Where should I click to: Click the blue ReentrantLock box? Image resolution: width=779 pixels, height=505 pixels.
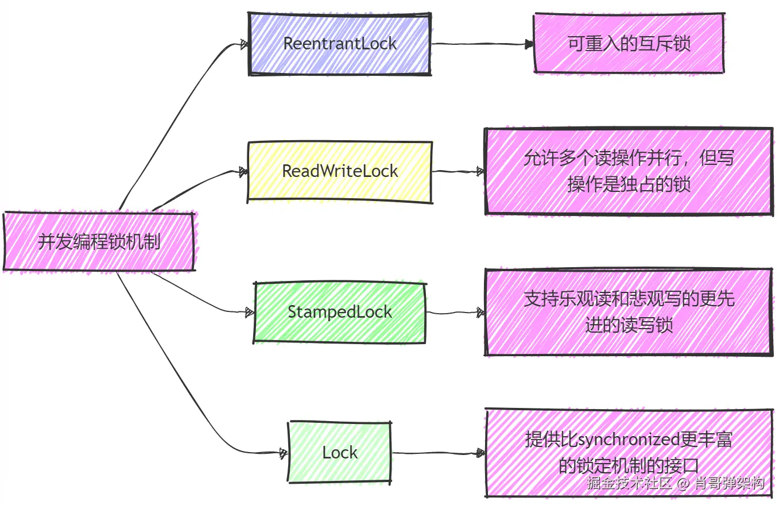[339, 44]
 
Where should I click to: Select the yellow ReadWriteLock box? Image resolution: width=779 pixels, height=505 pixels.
[339, 171]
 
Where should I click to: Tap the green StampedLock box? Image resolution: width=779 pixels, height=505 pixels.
[339, 312]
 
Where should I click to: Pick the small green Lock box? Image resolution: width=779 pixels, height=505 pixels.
[339, 453]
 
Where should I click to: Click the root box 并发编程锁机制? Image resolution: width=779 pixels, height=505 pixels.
[99, 241]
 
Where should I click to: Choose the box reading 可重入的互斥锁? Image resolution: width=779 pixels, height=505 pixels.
[628, 44]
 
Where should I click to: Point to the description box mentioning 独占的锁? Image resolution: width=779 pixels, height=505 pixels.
[628, 171]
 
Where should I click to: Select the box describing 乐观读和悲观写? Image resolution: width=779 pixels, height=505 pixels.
[628, 312]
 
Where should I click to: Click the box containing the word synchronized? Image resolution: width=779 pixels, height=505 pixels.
[628, 453]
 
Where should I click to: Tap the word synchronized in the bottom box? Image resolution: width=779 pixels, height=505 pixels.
[628, 440]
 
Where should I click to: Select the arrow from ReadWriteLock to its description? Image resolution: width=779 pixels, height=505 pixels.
[457, 171]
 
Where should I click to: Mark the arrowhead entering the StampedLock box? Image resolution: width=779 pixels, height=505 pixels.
[250, 313]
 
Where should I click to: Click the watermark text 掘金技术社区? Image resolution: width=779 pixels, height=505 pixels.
[629, 483]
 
